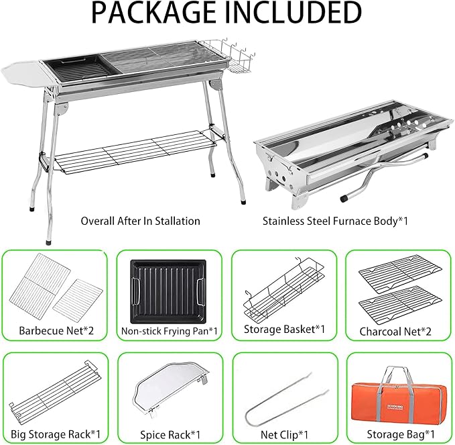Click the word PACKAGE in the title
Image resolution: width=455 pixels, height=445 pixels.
coord(153,13)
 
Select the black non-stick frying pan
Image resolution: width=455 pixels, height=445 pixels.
coord(168,291)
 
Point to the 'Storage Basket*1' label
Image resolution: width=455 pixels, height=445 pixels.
coord(284,330)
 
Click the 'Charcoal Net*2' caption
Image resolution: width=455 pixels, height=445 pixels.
coord(395,332)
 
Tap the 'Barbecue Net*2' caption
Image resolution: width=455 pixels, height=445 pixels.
coord(56,330)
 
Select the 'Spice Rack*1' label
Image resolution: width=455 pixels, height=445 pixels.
coord(170,435)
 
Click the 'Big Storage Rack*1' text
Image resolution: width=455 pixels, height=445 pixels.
coord(56,434)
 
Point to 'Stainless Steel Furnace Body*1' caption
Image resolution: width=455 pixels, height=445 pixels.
coord(335,221)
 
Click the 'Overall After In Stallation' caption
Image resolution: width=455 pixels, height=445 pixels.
coord(141,221)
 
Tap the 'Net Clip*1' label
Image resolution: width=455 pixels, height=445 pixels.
coord(284,435)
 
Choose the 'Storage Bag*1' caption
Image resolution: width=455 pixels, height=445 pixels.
coord(401,434)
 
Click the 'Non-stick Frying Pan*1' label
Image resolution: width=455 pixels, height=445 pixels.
coord(169,331)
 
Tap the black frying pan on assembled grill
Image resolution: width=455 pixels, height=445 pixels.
coord(78,69)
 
